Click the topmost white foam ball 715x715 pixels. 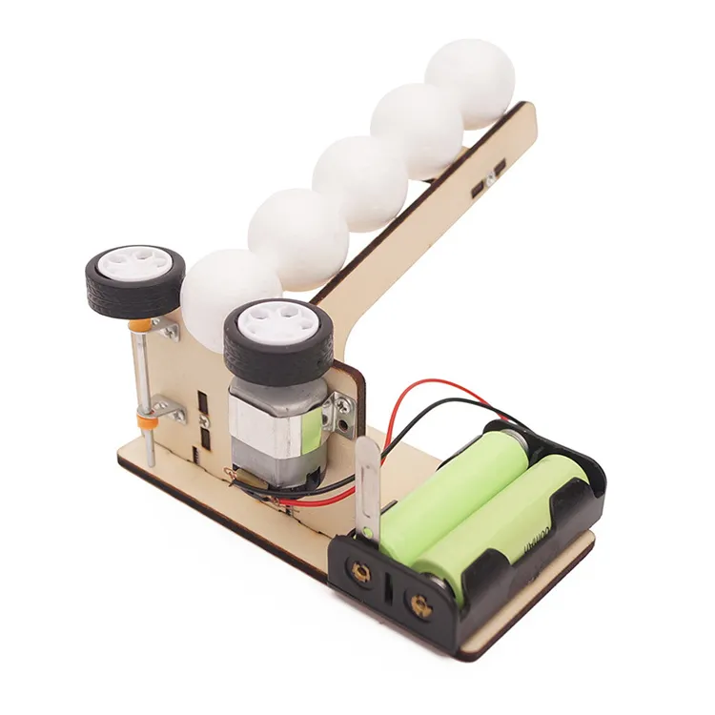[x=470, y=82]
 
